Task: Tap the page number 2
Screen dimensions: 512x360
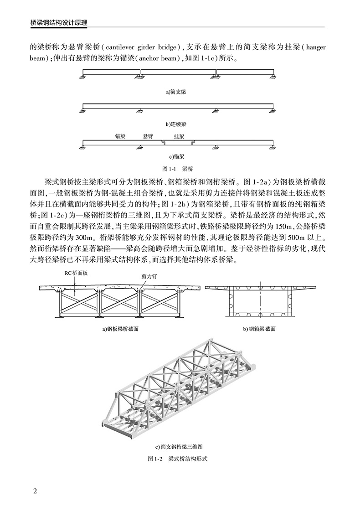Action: point(35,491)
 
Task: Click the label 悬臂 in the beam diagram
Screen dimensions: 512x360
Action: point(147,136)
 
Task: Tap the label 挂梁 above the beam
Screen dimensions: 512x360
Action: point(179,136)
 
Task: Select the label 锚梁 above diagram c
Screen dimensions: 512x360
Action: point(121,136)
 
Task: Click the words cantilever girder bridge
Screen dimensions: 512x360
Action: point(144,47)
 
